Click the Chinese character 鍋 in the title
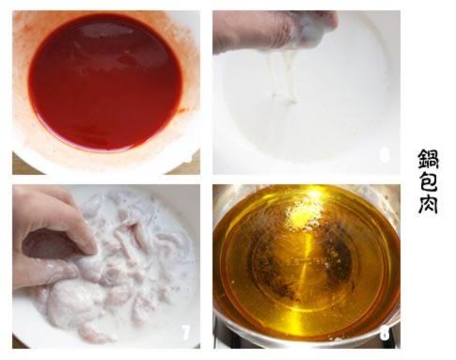[429, 158]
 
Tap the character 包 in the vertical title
[429, 180]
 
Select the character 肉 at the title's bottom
[428, 203]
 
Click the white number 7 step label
[186, 333]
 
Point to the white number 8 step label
[385, 333]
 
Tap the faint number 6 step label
[385, 155]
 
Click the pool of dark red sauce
[106, 82]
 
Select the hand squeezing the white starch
[275, 30]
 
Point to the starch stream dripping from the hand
[282, 78]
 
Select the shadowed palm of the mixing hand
[47, 242]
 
